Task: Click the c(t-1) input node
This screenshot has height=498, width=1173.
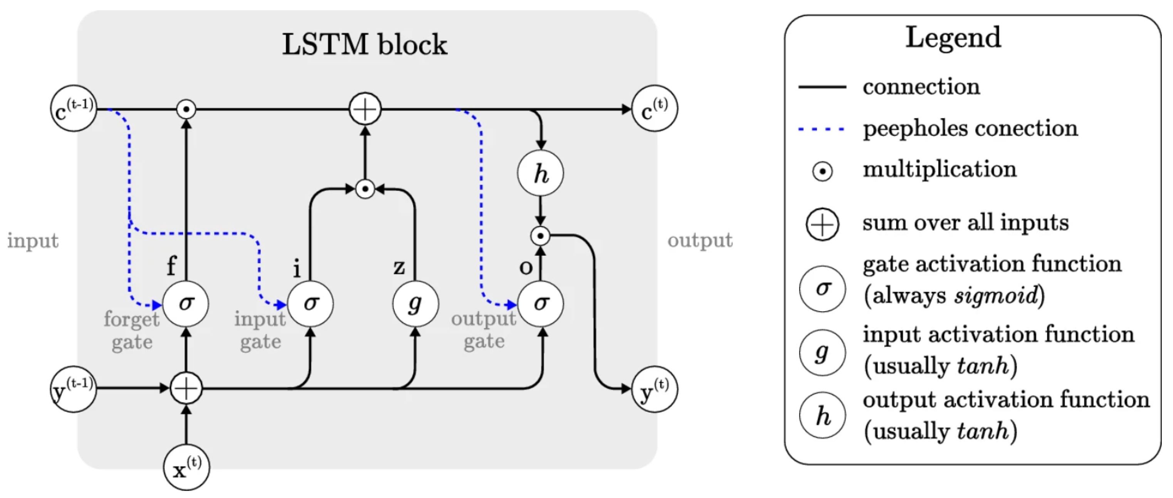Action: (x=73, y=108)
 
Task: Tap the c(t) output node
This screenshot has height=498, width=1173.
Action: (x=654, y=108)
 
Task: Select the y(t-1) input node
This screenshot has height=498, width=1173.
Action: (x=73, y=389)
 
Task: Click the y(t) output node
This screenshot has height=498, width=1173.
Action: (x=654, y=389)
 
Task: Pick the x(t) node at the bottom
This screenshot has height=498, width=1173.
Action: (x=186, y=466)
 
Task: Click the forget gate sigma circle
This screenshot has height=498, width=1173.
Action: (x=186, y=303)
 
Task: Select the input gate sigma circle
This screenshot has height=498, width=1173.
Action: (x=310, y=303)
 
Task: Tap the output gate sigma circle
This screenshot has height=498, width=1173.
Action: (x=541, y=303)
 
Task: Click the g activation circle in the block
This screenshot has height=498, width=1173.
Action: (x=415, y=303)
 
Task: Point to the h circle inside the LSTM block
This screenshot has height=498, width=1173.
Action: (x=541, y=173)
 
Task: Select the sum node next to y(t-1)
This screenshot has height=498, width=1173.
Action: (x=186, y=388)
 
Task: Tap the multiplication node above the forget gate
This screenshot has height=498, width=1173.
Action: (x=186, y=109)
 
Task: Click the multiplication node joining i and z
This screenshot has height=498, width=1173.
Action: (x=365, y=189)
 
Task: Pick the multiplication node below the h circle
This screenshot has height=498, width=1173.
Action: (x=541, y=236)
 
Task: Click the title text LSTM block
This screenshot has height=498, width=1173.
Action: (x=365, y=44)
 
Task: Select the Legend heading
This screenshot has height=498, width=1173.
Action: (x=953, y=37)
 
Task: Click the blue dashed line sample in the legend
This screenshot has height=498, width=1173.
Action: (x=822, y=129)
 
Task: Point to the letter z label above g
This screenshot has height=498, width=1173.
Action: (x=399, y=267)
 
